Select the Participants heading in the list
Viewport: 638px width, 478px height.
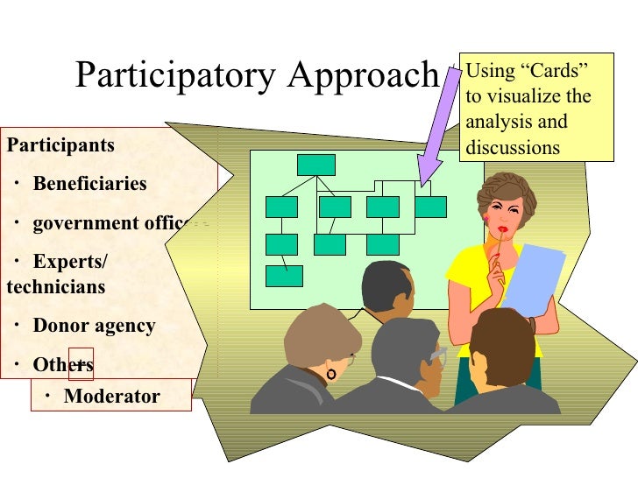pos(60,144)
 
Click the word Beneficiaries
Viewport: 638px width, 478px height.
pos(89,184)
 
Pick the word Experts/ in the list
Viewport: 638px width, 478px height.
pos(70,262)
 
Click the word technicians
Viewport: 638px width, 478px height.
pos(55,286)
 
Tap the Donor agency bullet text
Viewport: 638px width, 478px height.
pos(94,327)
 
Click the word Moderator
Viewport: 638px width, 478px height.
pos(112,397)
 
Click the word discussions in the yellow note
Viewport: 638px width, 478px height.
pos(513,147)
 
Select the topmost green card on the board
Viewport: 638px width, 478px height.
pos(315,165)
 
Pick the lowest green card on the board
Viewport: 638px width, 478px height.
pos(284,276)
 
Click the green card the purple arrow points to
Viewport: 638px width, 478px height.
pos(430,207)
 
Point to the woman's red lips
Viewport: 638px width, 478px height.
pos(504,228)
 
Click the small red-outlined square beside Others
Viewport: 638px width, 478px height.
pos(81,363)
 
